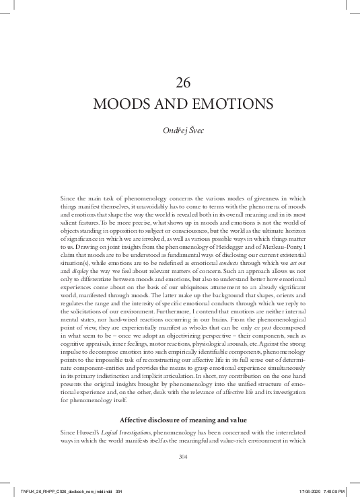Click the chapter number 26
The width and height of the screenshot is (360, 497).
(x=183, y=83)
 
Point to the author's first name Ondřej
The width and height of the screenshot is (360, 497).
(x=174, y=130)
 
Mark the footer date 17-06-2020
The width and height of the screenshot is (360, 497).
(x=312, y=491)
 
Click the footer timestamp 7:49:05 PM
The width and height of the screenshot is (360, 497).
(x=340, y=491)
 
